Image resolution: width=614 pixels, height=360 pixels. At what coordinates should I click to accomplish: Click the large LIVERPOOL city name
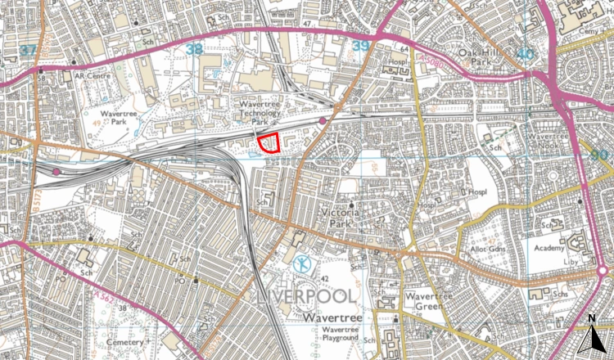click(x=300, y=296)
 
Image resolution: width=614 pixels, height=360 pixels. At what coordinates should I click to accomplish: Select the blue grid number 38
click(x=194, y=50)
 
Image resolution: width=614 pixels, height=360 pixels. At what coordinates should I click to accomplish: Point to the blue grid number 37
click(x=29, y=50)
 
